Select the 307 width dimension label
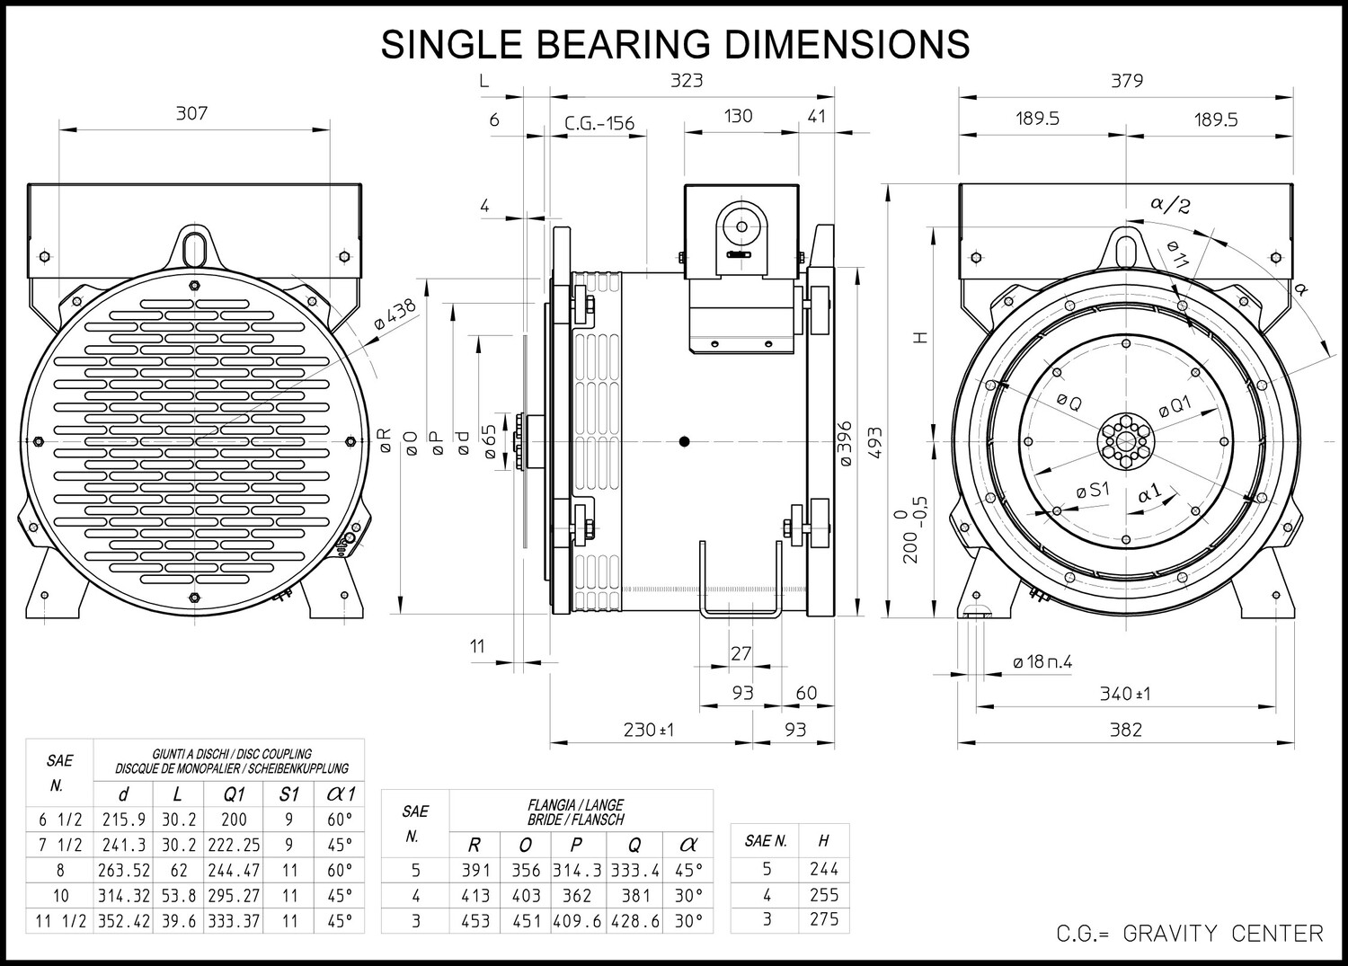pos(191,113)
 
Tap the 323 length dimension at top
pos(687,80)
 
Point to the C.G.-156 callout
pos(599,123)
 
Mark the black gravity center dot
pos(684,441)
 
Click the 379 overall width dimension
pos(1127,80)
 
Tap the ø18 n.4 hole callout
pos(1042,662)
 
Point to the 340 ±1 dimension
pos(1125,694)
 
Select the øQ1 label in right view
pos(1175,407)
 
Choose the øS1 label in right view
pos(1093,490)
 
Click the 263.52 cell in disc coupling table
pos(125,870)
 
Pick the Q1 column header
pos(234,794)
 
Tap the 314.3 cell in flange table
pos(576,870)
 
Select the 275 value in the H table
pos(823,919)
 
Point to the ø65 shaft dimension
pos(491,441)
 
